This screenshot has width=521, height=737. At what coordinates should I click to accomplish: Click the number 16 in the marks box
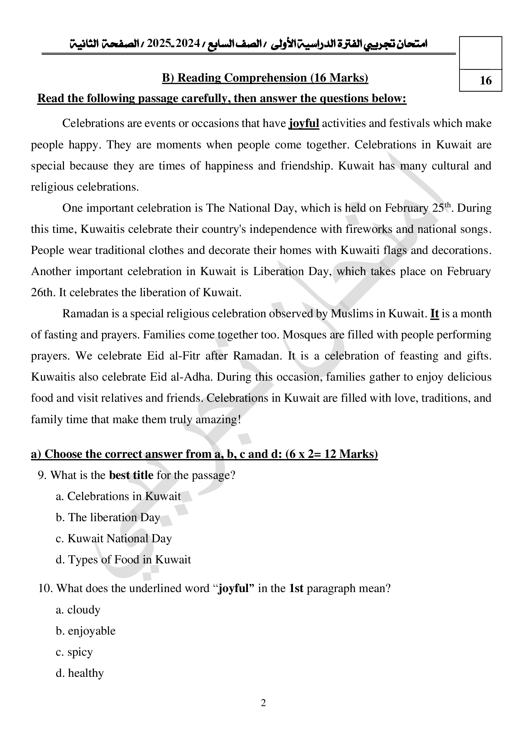point(485,80)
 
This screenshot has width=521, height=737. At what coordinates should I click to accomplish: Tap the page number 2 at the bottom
point(263,703)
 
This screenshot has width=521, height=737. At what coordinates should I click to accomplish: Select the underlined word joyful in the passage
point(304,123)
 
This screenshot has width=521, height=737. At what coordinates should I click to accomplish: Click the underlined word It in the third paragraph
point(434,313)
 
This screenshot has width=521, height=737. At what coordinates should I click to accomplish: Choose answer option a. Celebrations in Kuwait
point(118,496)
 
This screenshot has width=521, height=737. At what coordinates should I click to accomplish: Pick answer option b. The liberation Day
point(108,517)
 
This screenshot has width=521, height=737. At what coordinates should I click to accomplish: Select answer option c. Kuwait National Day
point(114,538)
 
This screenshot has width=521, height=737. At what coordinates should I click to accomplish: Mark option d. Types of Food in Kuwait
point(123,560)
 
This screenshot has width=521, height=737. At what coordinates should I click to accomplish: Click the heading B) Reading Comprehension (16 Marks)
point(265,78)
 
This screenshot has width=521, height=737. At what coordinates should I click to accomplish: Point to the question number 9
point(42,475)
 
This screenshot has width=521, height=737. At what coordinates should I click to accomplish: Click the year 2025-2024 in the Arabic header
point(173,44)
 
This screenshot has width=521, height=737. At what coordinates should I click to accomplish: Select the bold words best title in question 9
point(131,475)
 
